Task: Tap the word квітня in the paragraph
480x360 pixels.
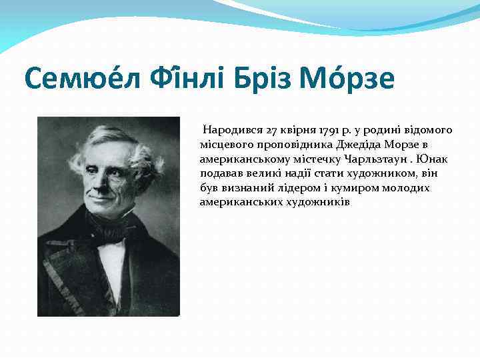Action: tap(299, 129)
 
